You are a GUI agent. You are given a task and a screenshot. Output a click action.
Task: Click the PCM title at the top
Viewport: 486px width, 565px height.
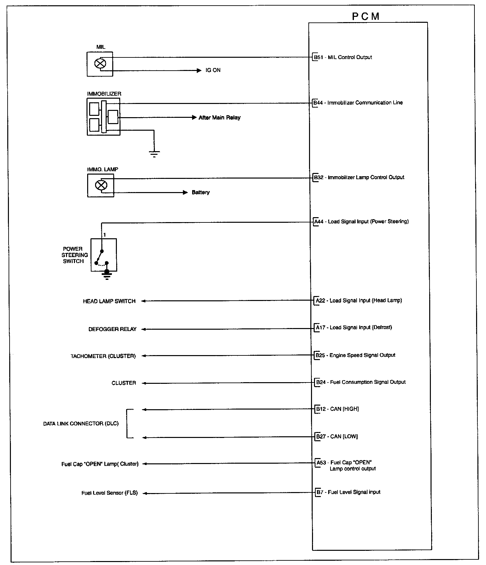tap(365, 17)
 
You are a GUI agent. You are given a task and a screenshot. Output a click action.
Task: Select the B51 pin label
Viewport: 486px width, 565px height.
tap(318, 57)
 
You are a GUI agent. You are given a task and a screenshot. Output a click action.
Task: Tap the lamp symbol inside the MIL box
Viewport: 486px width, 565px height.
tap(100, 63)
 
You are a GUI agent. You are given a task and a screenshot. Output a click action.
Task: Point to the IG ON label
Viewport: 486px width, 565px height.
tap(213, 70)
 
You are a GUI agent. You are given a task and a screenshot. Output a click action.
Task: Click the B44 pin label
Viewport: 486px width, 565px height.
tap(318, 103)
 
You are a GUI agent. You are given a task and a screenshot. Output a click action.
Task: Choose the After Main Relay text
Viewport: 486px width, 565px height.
tap(220, 117)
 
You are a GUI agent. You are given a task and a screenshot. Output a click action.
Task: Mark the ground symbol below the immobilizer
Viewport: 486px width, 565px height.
tap(154, 153)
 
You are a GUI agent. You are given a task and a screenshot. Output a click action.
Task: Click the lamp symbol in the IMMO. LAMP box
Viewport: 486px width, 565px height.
tap(100, 185)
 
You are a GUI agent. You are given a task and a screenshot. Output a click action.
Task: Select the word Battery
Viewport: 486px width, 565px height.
tap(201, 192)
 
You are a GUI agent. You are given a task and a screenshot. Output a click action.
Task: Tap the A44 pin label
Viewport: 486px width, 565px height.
tap(319, 221)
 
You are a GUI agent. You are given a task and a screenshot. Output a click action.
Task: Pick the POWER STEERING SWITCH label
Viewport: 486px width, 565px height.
tap(75, 255)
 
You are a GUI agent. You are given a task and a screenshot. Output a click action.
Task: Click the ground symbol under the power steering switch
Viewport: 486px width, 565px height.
tap(107, 275)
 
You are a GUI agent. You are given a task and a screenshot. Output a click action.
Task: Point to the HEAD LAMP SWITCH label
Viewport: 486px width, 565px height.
tap(109, 301)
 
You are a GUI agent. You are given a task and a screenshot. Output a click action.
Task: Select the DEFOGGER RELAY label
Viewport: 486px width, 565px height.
tap(112, 329)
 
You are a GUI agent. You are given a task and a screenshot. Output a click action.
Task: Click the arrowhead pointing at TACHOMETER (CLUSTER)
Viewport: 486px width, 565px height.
tap(144, 356)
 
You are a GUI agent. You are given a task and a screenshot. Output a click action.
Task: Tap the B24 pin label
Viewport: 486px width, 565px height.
tap(321, 382)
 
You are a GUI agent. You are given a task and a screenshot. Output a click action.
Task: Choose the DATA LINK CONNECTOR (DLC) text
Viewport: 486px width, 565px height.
tap(81, 423)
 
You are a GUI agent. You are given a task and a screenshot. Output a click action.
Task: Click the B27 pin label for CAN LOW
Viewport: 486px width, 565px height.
tap(321, 437)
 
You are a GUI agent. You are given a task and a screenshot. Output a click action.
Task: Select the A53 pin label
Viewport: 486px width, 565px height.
tap(321, 463)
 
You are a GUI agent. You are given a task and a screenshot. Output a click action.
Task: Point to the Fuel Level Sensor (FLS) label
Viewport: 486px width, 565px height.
tap(110, 493)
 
